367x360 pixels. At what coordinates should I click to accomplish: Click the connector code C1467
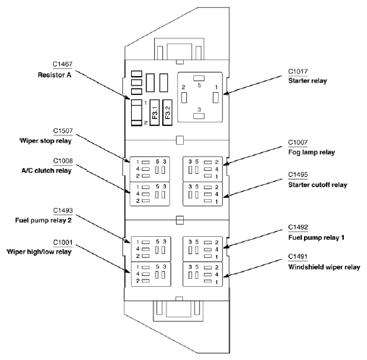(x=62, y=64)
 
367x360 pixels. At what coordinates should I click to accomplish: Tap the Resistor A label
(x=54, y=75)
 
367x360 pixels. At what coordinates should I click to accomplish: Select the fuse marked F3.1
(x=155, y=112)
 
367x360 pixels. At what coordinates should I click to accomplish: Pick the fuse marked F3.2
(x=167, y=112)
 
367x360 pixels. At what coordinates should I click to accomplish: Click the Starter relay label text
(x=308, y=80)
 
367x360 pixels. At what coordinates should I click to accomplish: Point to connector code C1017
(x=298, y=72)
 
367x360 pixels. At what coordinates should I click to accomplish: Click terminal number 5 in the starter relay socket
(x=199, y=85)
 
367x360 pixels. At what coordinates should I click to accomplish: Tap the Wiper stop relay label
(x=46, y=141)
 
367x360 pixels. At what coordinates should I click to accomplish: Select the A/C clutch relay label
(x=46, y=171)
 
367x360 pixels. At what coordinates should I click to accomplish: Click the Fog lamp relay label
(x=311, y=152)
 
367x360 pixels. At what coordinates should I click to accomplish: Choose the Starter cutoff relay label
(x=318, y=185)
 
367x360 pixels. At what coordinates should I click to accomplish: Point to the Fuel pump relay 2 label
(x=43, y=220)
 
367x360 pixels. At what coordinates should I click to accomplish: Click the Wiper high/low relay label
(x=39, y=252)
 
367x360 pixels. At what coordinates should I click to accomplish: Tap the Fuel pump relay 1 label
(x=316, y=238)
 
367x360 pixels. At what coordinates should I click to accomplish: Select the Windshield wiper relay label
(x=324, y=267)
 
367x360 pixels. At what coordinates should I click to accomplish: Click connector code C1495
(x=298, y=175)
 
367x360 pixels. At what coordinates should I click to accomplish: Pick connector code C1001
(x=63, y=242)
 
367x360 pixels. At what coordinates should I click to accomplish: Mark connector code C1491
(x=298, y=256)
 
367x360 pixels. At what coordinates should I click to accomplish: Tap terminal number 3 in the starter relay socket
(x=199, y=109)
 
